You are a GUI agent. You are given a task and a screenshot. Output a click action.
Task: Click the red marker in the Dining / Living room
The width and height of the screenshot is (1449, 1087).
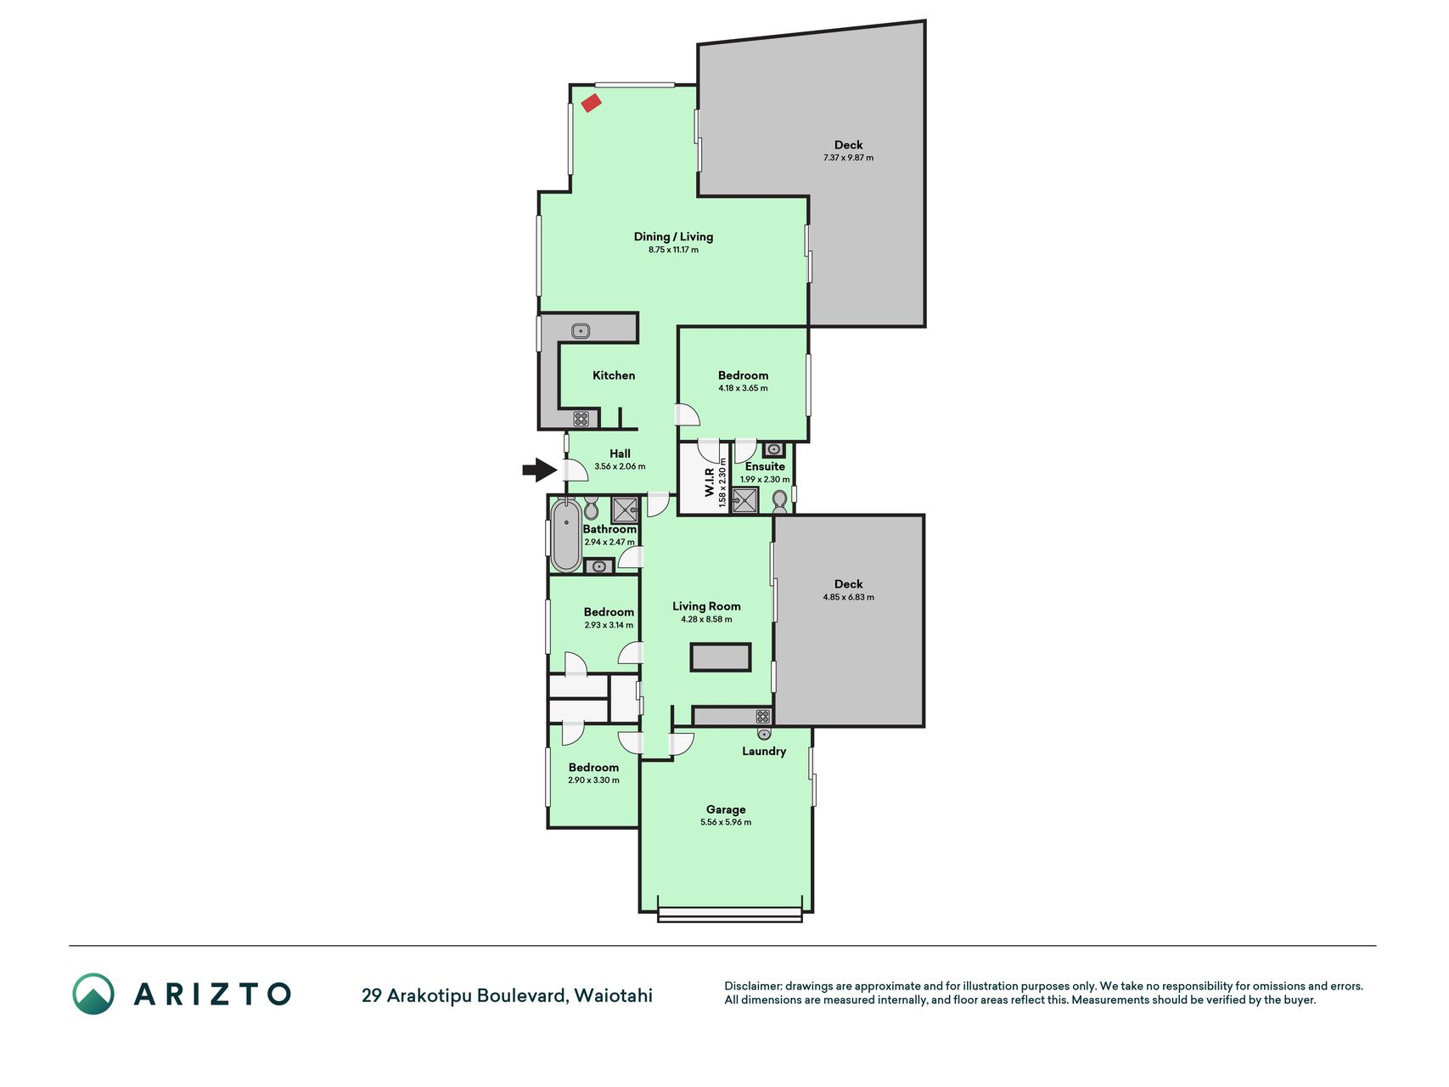(592, 103)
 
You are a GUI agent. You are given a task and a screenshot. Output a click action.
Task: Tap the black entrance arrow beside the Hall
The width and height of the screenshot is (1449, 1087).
(540, 470)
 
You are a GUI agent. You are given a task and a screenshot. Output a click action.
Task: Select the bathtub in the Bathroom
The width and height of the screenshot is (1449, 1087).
(566, 536)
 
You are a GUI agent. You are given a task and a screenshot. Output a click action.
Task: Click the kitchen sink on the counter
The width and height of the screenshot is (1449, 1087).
(581, 331)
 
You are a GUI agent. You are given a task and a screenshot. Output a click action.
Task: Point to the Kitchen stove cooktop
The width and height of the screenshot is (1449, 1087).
(581, 419)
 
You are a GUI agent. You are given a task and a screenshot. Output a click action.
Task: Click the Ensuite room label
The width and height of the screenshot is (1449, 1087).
(765, 466)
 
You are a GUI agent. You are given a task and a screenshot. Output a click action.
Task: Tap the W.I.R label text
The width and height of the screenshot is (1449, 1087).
(710, 482)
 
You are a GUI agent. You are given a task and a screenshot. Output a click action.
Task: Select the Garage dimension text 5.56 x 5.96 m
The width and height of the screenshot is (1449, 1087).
(726, 822)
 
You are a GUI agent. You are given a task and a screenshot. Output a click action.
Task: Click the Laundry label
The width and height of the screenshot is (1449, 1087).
(764, 752)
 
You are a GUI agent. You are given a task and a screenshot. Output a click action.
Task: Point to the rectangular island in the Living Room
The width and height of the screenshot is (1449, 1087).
(721, 657)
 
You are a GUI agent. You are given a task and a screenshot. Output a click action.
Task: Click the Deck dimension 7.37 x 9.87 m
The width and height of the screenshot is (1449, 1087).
(848, 158)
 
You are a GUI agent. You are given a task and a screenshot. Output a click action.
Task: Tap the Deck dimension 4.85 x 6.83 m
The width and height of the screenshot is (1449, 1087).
(848, 597)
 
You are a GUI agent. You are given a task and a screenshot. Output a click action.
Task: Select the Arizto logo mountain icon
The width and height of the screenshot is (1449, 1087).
(93, 994)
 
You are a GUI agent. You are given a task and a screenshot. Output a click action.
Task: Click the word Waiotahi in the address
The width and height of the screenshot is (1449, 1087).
(614, 995)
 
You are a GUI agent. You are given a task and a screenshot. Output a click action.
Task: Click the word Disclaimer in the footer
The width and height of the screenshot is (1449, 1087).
(752, 986)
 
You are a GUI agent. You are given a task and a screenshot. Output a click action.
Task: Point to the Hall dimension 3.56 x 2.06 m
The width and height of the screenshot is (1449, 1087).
(620, 467)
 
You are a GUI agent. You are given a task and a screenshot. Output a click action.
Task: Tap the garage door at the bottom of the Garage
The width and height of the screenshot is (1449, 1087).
(730, 915)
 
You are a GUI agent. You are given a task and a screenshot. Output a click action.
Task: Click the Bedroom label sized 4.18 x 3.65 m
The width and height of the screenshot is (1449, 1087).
(743, 375)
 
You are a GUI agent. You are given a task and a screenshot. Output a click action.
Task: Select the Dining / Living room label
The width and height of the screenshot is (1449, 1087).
(673, 237)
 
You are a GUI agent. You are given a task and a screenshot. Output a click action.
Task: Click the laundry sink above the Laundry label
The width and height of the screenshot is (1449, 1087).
(764, 734)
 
